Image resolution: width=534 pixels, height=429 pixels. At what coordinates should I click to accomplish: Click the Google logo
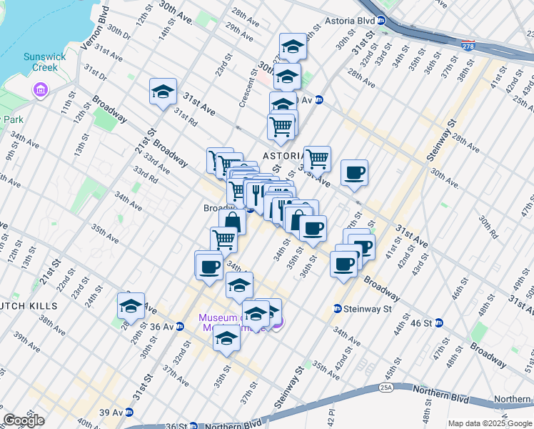point(24,420)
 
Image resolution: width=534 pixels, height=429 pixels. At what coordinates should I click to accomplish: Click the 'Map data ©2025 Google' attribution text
point(489,423)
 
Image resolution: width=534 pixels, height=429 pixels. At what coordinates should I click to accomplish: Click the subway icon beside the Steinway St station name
point(337,309)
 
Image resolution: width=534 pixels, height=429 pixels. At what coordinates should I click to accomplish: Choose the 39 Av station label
point(111,413)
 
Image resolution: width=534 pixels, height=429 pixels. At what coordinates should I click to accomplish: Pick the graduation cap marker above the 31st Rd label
point(163,92)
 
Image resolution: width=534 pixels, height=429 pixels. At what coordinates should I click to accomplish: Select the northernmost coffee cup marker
point(354,172)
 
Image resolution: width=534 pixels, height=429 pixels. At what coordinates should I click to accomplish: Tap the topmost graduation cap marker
point(293,47)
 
